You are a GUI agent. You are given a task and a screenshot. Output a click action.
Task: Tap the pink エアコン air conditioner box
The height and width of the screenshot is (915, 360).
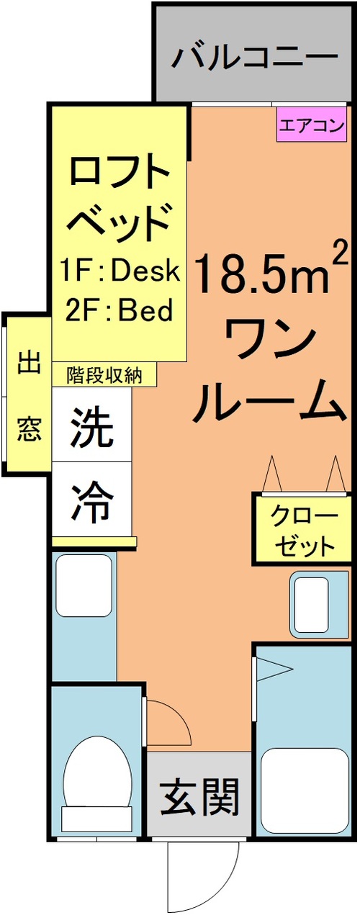(312, 125)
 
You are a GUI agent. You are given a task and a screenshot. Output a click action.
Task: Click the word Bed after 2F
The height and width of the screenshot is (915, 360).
(145, 310)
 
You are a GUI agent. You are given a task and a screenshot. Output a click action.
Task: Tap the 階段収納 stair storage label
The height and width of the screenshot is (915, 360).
(104, 374)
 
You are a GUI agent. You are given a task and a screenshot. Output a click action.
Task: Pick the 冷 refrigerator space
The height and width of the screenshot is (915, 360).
(91, 499)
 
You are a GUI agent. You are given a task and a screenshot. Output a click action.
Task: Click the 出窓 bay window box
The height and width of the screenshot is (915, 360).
(29, 395)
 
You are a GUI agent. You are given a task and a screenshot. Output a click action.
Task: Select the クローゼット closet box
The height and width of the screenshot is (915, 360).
(303, 530)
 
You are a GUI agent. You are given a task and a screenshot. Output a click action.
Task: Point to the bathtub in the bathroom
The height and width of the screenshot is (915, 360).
(305, 790)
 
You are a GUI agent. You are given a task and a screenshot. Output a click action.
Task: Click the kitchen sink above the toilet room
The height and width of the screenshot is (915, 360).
(84, 585)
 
